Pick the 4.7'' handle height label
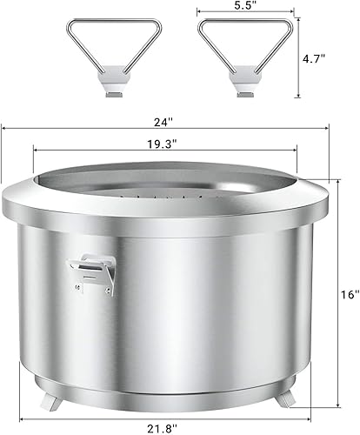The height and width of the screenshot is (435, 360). (x=314, y=59)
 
